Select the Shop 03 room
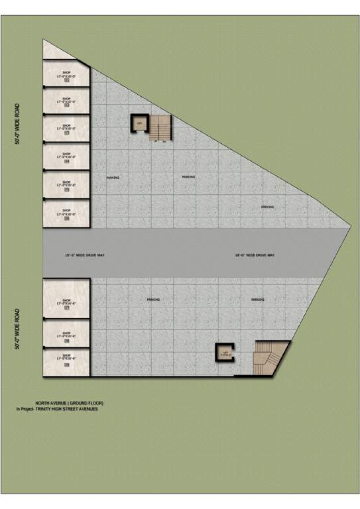66,129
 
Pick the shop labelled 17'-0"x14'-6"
66,302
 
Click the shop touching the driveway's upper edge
66,215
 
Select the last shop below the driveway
66,361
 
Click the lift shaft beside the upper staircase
139,123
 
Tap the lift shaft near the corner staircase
225,353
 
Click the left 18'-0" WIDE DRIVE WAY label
80,254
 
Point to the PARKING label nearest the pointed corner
268,207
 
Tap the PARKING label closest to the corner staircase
258,300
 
